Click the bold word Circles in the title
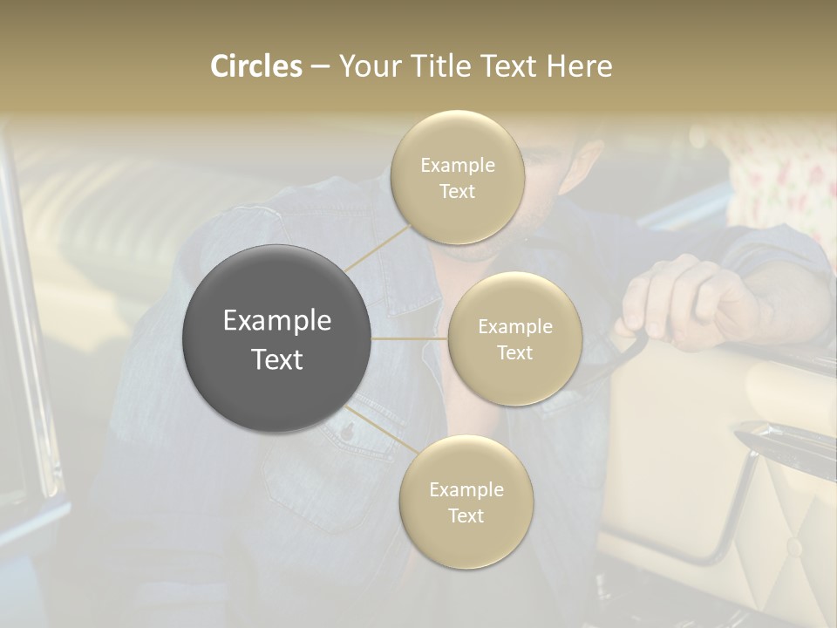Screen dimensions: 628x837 (256, 66)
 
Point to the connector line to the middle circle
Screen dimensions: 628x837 (410, 338)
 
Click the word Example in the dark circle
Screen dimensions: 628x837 (277, 321)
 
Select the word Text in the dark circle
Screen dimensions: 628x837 (277, 359)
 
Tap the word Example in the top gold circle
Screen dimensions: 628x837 (458, 166)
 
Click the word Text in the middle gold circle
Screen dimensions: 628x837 (514, 352)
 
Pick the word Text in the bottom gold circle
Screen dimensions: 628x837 (466, 515)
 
